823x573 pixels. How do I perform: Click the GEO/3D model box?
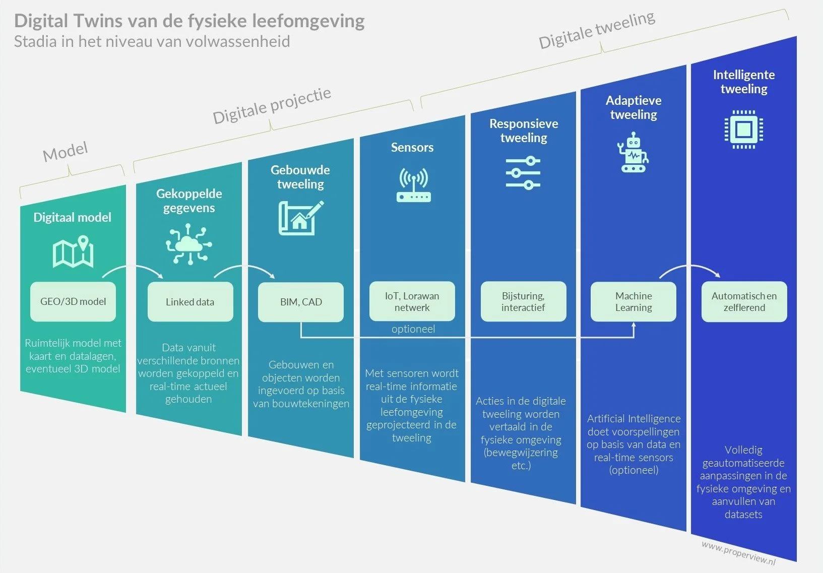point(73,301)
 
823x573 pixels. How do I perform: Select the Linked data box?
point(190,302)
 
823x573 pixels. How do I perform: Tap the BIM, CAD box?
point(301,302)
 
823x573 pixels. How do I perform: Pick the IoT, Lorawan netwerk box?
point(412,301)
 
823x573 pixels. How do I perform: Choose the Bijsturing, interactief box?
point(523,301)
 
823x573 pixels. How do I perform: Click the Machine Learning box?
point(634,301)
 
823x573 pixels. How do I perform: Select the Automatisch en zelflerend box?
point(744,301)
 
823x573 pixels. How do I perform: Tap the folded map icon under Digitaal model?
point(73,251)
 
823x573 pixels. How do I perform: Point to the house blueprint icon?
point(300,218)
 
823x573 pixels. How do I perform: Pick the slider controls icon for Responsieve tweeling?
point(523,173)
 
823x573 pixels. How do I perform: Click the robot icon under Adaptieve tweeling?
point(633,153)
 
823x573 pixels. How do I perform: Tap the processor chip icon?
point(743,130)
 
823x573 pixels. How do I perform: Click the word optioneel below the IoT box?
point(413,329)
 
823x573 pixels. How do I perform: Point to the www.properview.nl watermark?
point(738,553)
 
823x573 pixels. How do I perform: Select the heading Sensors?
point(412,147)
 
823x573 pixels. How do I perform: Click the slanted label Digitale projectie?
point(272,106)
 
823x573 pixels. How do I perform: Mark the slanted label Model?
point(66,151)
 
